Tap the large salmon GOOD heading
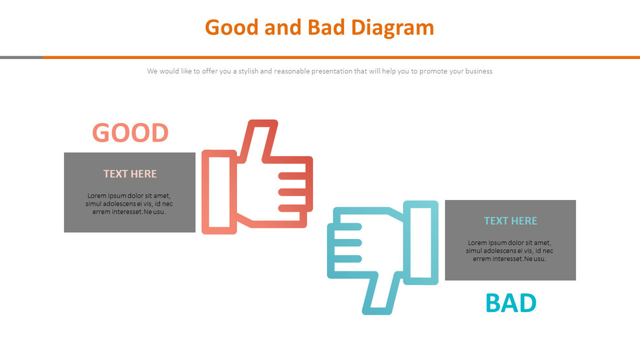[130, 133]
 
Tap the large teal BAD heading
[510, 303]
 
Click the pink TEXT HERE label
[130, 174]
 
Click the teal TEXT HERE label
[510, 221]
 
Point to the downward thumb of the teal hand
[380, 295]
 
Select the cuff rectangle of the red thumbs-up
[219, 192]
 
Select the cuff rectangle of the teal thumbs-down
[421, 242]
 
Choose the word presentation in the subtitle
[329, 71]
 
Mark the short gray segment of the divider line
[21, 57]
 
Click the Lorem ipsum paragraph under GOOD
[130, 203]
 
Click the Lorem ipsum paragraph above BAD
[510, 251]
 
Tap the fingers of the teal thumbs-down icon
[345, 243]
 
